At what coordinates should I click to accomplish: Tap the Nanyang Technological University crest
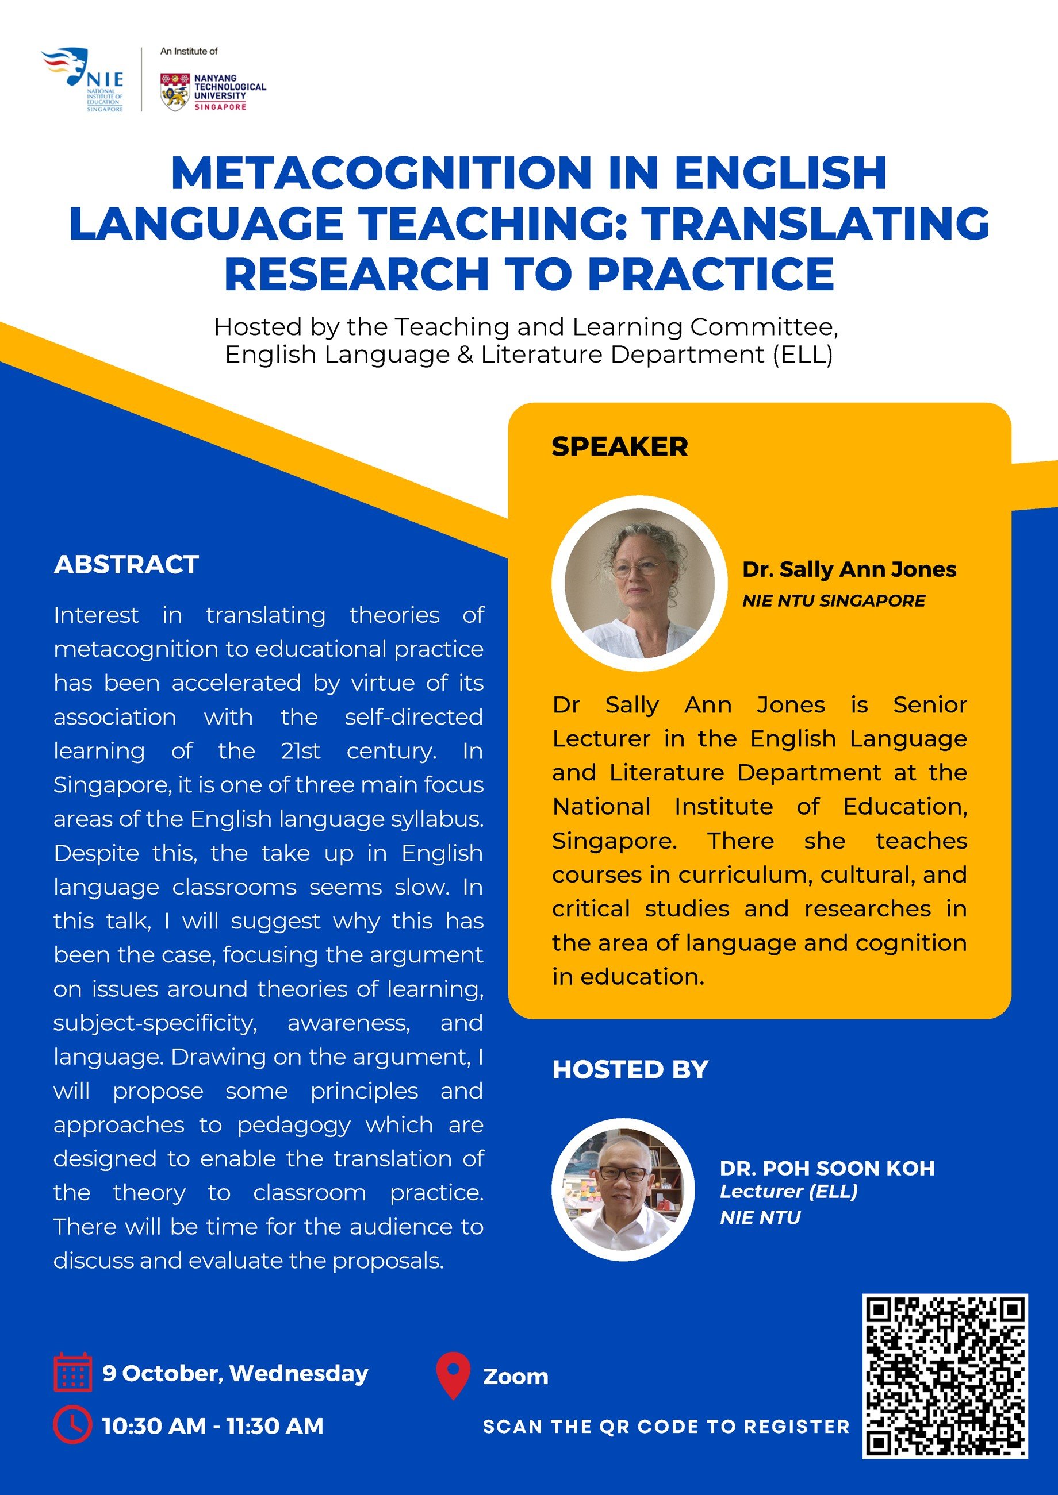pyautogui.click(x=175, y=92)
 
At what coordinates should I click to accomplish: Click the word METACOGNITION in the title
pyautogui.click(x=381, y=173)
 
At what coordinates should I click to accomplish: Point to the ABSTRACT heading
pyautogui.click(x=126, y=565)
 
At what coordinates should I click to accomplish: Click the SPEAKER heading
pyautogui.click(x=619, y=446)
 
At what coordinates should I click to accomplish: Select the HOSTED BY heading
pyautogui.click(x=630, y=1070)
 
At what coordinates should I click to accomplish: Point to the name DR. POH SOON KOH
pyautogui.click(x=827, y=1168)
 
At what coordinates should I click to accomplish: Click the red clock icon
pyautogui.click(x=72, y=1425)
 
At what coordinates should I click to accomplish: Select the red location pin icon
pyautogui.click(x=453, y=1374)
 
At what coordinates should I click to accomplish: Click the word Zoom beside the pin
pyautogui.click(x=515, y=1377)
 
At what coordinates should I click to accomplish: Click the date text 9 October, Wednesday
pyautogui.click(x=235, y=1373)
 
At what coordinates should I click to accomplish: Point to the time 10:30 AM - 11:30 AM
pyautogui.click(x=213, y=1426)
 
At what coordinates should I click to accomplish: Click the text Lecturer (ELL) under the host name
pyautogui.click(x=788, y=1192)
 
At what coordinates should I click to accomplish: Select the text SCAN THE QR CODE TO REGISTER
pyautogui.click(x=666, y=1427)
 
